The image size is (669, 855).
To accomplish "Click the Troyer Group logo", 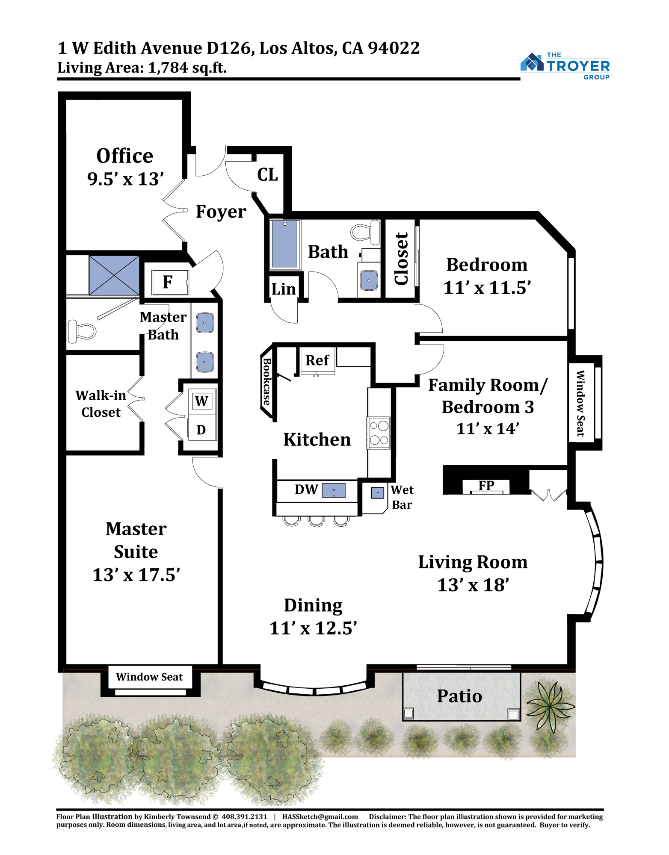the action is pos(565,66).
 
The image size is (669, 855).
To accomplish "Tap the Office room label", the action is pos(124,156).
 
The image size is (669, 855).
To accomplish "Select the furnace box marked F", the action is pos(170,282).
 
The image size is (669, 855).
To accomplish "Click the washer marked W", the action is pos(202,401).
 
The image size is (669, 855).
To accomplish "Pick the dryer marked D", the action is pos(202,429).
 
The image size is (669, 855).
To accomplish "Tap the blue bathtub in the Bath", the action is pos(285,244).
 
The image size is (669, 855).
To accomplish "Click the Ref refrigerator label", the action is pos(317,360).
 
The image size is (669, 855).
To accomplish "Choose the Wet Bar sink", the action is pos(377,492).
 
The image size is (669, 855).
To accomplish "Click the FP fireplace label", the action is pos(486,485).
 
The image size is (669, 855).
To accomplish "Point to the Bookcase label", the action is pos(267,381).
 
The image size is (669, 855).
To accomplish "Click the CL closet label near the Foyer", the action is pos(267,174).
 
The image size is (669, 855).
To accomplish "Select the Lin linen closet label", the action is pos(284,289).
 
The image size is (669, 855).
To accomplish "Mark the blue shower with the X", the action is pos(114,275).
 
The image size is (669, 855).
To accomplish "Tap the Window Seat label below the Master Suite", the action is pos(149,677).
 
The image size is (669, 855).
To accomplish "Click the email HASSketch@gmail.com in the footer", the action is pos(320,817).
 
